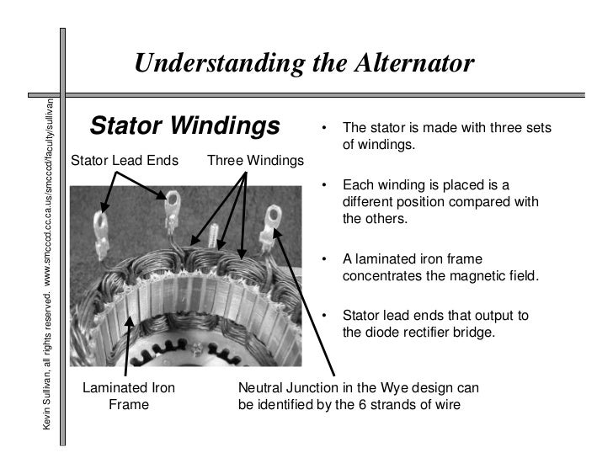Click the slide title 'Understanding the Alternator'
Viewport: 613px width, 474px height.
point(304,64)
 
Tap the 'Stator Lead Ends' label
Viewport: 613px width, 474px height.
point(125,160)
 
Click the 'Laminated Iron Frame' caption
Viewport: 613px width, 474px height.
point(128,396)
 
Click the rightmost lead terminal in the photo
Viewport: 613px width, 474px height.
point(271,223)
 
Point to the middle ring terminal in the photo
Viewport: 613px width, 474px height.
point(173,205)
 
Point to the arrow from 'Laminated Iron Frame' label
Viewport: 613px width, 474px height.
point(128,345)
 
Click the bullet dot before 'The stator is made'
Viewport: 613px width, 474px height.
point(322,130)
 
